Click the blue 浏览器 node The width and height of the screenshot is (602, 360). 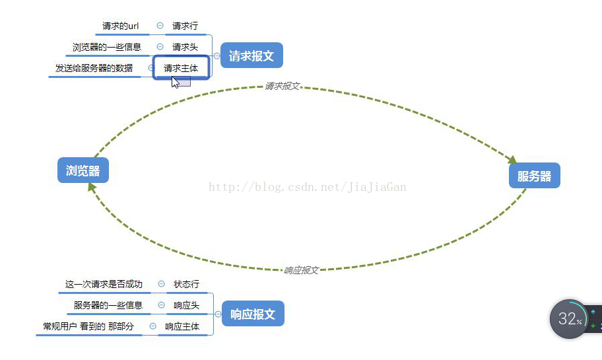click(83, 171)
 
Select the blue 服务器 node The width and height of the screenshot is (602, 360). click(534, 176)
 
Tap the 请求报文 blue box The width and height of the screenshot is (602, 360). click(251, 56)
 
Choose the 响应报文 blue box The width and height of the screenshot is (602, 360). click(253, 314)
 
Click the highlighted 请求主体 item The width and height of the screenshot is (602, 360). click(181, 67)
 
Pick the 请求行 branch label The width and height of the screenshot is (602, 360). click(185, 26)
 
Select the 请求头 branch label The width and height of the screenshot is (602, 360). click(185, 47)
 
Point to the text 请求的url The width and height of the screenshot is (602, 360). click(120, 26)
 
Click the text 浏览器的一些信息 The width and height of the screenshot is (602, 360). click(107, 47)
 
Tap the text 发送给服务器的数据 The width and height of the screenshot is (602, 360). click(94, 67)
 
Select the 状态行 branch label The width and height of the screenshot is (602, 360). click(186, 284)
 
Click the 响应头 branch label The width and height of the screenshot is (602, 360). click(186, 305)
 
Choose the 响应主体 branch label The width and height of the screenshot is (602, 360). click(182, 326)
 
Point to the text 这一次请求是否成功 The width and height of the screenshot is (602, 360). click(104, 284)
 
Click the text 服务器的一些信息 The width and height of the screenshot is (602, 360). click(108, 305)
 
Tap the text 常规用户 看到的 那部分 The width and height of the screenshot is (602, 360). click(88, 326)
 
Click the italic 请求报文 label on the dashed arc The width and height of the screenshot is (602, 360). click(283, 86)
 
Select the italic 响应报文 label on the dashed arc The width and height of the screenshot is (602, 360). click(301, 270)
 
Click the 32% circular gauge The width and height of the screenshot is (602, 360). click(568, 320)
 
